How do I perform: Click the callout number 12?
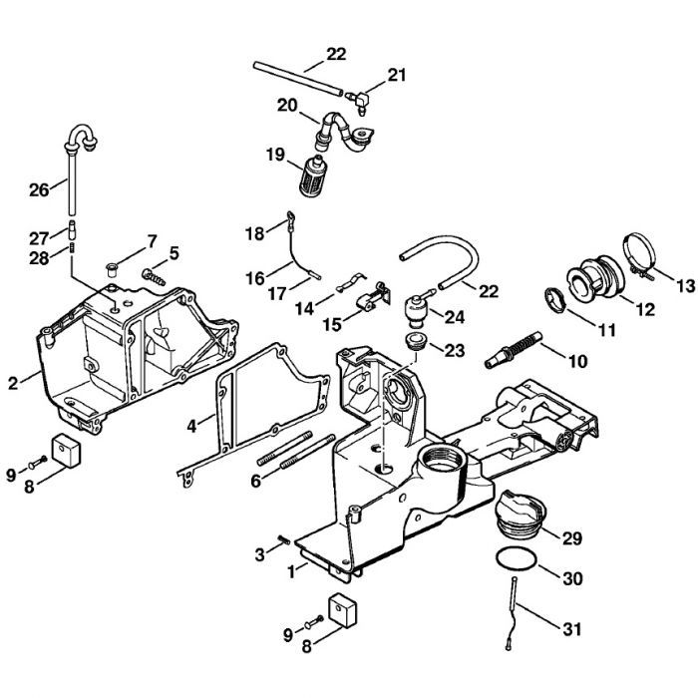point(644,309)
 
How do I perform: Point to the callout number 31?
point(572,629)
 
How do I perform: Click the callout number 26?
point(39,189)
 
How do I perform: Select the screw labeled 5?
point(155,270)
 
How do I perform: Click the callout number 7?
point(153,240)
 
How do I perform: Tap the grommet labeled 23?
point(416,345)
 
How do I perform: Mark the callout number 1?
point(291,572)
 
